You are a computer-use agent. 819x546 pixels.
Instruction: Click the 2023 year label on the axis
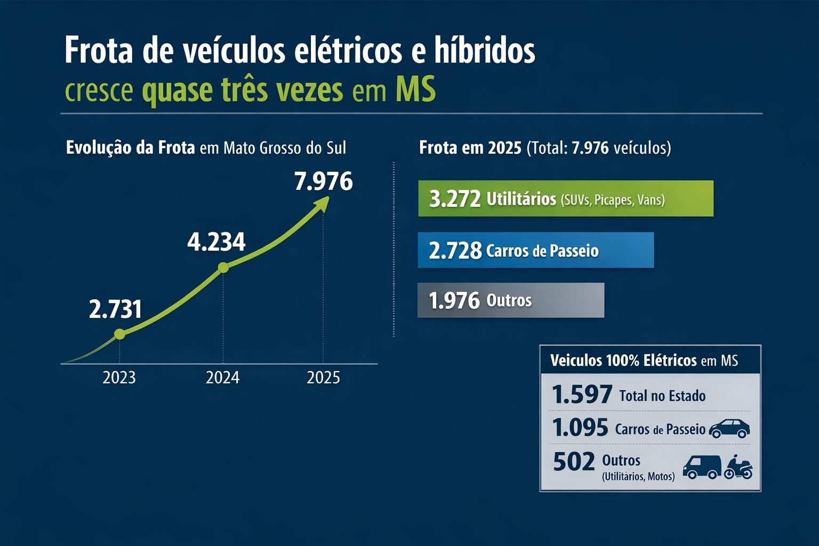point(119,378)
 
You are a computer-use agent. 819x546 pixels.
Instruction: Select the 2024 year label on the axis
point(222,378)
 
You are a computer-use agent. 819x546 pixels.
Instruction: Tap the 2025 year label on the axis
point(323,378)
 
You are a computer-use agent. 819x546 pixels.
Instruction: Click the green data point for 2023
point(119,334)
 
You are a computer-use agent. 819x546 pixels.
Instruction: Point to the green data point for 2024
point(223,268)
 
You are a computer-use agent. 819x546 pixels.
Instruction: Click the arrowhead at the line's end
point(323,203)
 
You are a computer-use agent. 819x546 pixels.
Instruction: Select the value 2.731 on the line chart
point(115,309)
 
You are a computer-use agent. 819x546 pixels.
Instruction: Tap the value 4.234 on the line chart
point(216,242)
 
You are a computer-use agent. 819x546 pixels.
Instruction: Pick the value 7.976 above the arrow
point(323,181)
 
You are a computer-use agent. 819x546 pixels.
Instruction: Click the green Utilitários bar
point(566,198)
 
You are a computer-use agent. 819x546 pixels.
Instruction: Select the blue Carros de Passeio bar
point(536,250)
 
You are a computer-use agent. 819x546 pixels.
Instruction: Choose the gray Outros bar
point(511,300)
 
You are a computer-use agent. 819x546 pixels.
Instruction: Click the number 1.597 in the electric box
point(582,395)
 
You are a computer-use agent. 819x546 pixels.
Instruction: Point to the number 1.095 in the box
point(580,428)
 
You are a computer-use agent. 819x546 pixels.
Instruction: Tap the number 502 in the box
point(574,462)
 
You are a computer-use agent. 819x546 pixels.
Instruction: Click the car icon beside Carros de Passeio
point(729,428)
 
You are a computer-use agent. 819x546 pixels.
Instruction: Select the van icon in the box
point(701,467)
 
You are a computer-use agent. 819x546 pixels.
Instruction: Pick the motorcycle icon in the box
point(738,467)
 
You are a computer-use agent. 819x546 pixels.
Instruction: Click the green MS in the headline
point(415,90)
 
